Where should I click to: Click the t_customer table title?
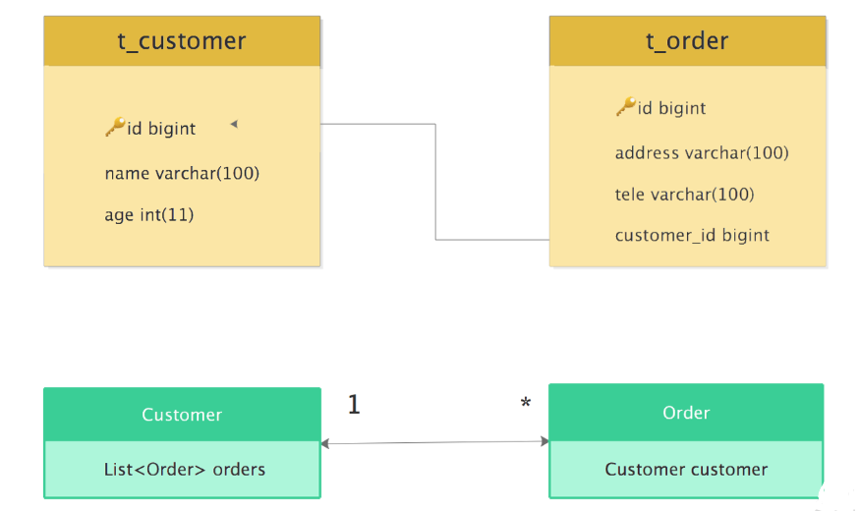click(182, 41)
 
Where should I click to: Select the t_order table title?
click(687, 41)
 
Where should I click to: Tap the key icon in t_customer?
click(115, 127)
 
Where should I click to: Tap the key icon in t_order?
click(626, 107)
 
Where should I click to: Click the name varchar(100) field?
click(182, 173)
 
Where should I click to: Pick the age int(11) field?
click(149, 214)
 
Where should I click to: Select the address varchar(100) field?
click(702, 152)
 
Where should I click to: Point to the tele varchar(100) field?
click(684, 195)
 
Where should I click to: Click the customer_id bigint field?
click(692, 236)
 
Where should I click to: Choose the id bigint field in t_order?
click(671, 108)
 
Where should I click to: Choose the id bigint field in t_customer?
click(161, 128)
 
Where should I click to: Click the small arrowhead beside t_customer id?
click(234, 125)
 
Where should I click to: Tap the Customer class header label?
click(182, 415)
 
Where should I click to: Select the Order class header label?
click(686, 413)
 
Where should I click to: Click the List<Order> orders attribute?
click(185, 470)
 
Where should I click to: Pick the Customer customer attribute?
click(686, 470)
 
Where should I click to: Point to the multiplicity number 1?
click(354, 405)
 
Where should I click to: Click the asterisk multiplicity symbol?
click(526, 403)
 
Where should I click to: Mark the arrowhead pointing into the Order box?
click(544, 441)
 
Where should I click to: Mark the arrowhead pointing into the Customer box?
click(325, 443)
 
